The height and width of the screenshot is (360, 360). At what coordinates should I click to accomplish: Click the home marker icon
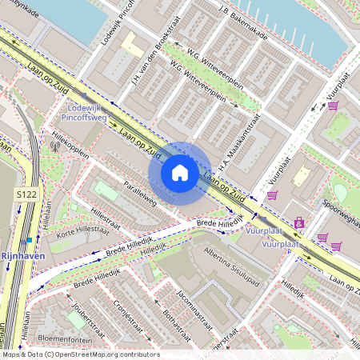pyautogui.click(x=180, y=173)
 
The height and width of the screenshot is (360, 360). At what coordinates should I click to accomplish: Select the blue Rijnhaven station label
pyautogui.click(x=22, y=255)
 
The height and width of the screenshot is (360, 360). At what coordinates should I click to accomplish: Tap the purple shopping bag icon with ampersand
pyautogui.click(x=299, y=223)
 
